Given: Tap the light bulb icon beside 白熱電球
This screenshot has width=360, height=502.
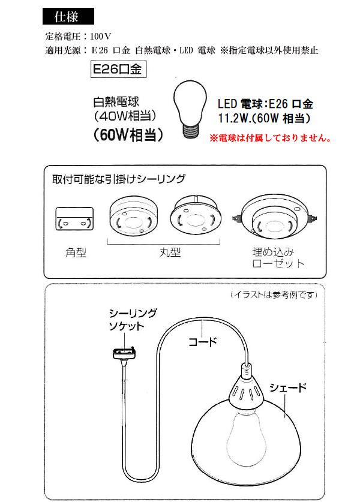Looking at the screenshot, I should pos(190,109).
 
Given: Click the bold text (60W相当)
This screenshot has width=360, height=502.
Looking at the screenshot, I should pos(128,135).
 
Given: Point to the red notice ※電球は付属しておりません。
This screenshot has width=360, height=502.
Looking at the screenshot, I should pos(270,137).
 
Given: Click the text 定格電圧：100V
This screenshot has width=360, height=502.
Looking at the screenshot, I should pos(76,37).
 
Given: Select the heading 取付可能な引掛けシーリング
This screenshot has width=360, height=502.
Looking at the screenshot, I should pos(119,179).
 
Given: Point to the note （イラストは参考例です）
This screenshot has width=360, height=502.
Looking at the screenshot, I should pos(274,295).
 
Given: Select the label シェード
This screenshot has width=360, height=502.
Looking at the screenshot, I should pos(287,388).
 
